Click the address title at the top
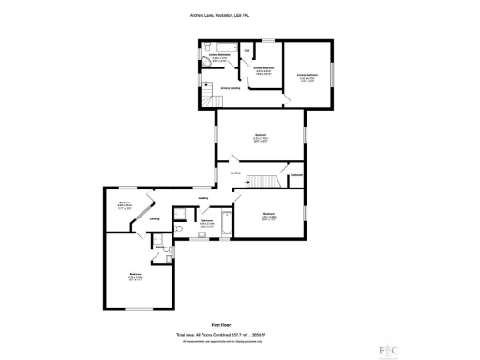pyautogui.click(x=239, y=14)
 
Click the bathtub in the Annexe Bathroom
pyautogui.click(x=225, y=46)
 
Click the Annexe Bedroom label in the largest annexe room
pyautogui.click(x=307, y=74)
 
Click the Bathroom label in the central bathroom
pyautogui.click(x=207, y=221)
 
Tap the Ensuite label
pyautogui.click(x=161, y=246)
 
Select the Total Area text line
pyautogui.click(x=239, y=333)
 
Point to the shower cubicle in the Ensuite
pyautogui.click(x=159, y=238)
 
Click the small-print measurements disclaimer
pyautogui.click(x=239, y=341)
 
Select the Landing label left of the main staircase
pyautogui.click(x=236, y=173)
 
